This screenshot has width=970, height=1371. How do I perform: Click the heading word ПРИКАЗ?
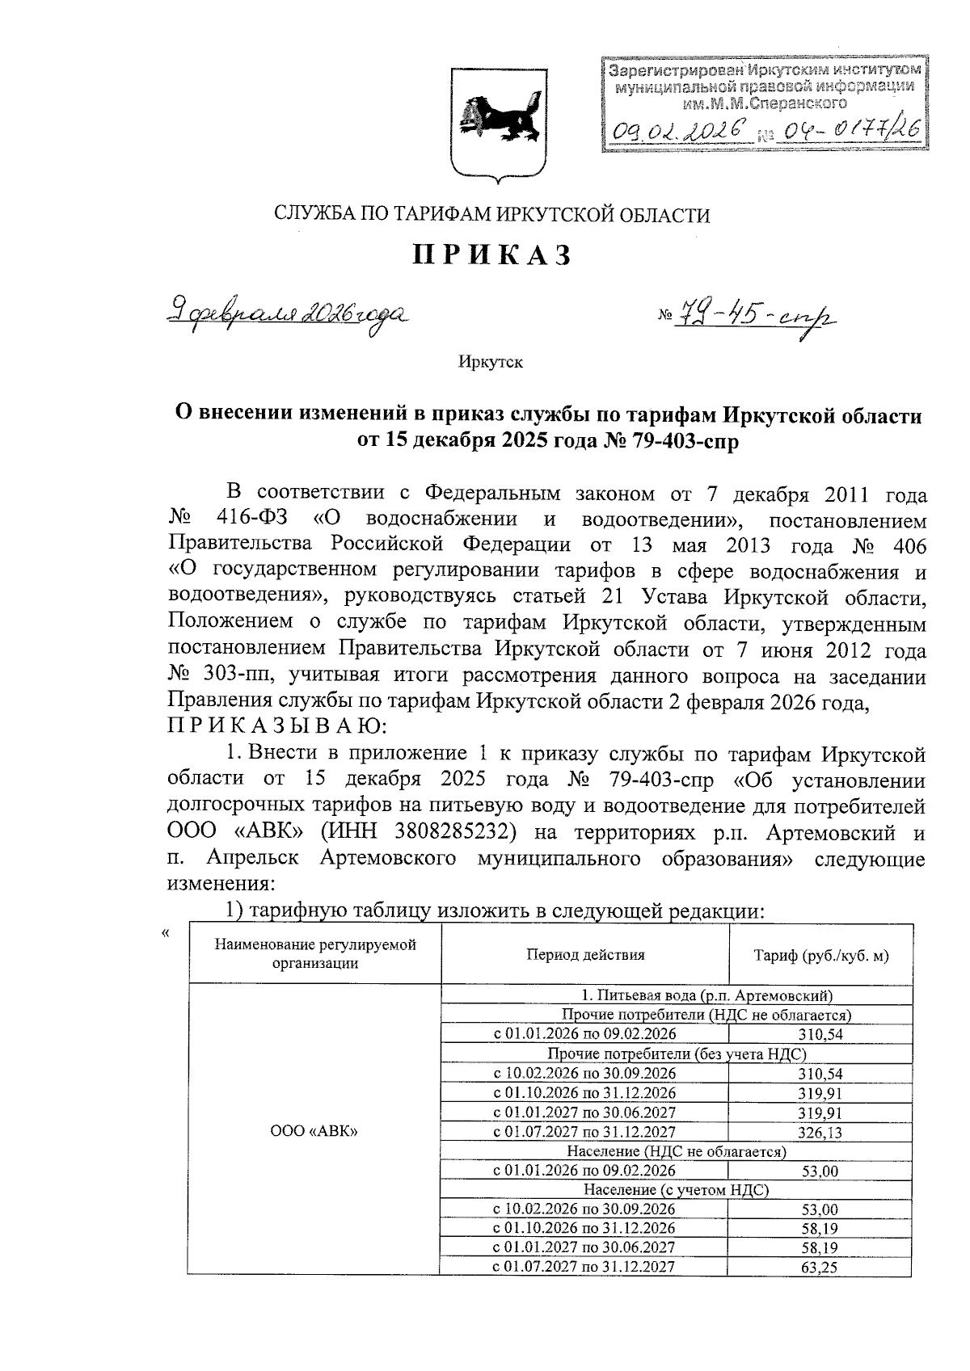click(492, 255)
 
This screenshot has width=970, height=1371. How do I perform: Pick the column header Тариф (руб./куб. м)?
click(820, 955)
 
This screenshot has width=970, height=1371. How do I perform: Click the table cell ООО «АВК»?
click(314, 1131)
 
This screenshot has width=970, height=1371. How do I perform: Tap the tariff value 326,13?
click(820, 1133)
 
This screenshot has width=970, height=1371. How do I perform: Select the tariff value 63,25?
click(820, 1268)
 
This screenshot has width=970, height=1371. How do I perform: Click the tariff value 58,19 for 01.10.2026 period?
click(820, 1228)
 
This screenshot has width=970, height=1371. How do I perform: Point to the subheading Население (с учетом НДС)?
click(676, 1190)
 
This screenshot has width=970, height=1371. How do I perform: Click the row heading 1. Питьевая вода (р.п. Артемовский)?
click(676, 995)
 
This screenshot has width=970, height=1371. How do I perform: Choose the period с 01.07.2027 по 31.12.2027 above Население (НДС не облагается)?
click(584, 1132)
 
